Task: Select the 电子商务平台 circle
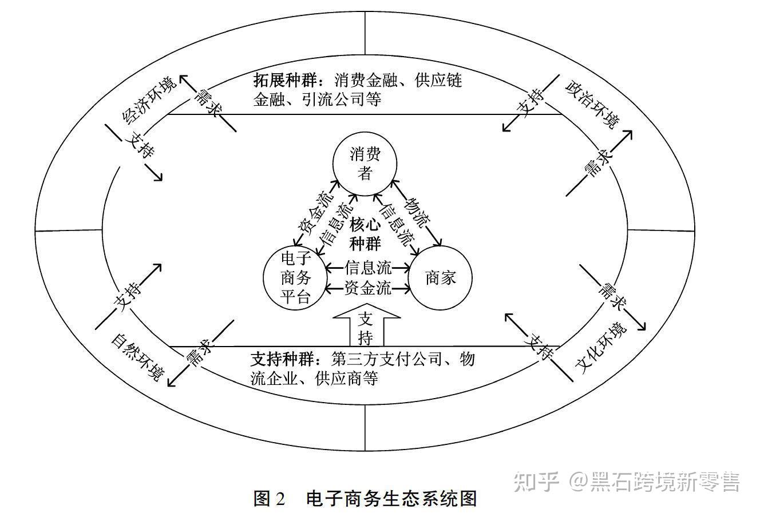pos(295,279)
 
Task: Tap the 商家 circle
pos(440,279)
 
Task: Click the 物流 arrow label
pos(417,212)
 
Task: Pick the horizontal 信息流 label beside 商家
pos(368,267)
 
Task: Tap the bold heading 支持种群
pos(282,360)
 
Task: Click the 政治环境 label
pos(592,104)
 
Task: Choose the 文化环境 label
pos(601,348)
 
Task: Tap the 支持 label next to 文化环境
pos(540,345)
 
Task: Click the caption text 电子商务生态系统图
pos(392,498)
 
